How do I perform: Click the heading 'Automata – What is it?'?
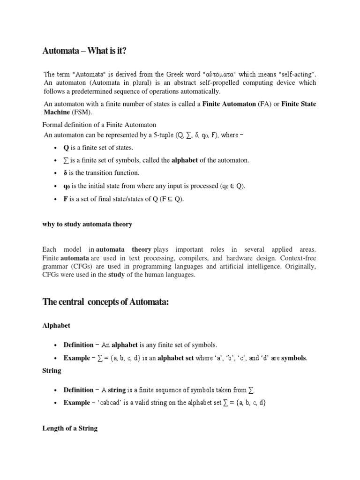tap(84, 51)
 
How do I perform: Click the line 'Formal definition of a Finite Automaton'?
tap(99, 125)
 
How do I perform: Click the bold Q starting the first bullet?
tap(66, 148)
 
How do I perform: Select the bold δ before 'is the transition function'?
tap(66, 173)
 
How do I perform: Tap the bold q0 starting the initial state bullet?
tap(67, 186)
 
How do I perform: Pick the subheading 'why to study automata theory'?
tap(87, 225)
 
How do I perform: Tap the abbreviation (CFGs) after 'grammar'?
tap(75, 266)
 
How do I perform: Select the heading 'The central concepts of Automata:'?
tap(105, 302)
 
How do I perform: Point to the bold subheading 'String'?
tap(52, 370)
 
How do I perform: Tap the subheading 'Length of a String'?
tap(70, 428)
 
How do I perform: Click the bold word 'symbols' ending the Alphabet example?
tap(294, 358)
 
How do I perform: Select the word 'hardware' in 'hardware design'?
tap(257, 258)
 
